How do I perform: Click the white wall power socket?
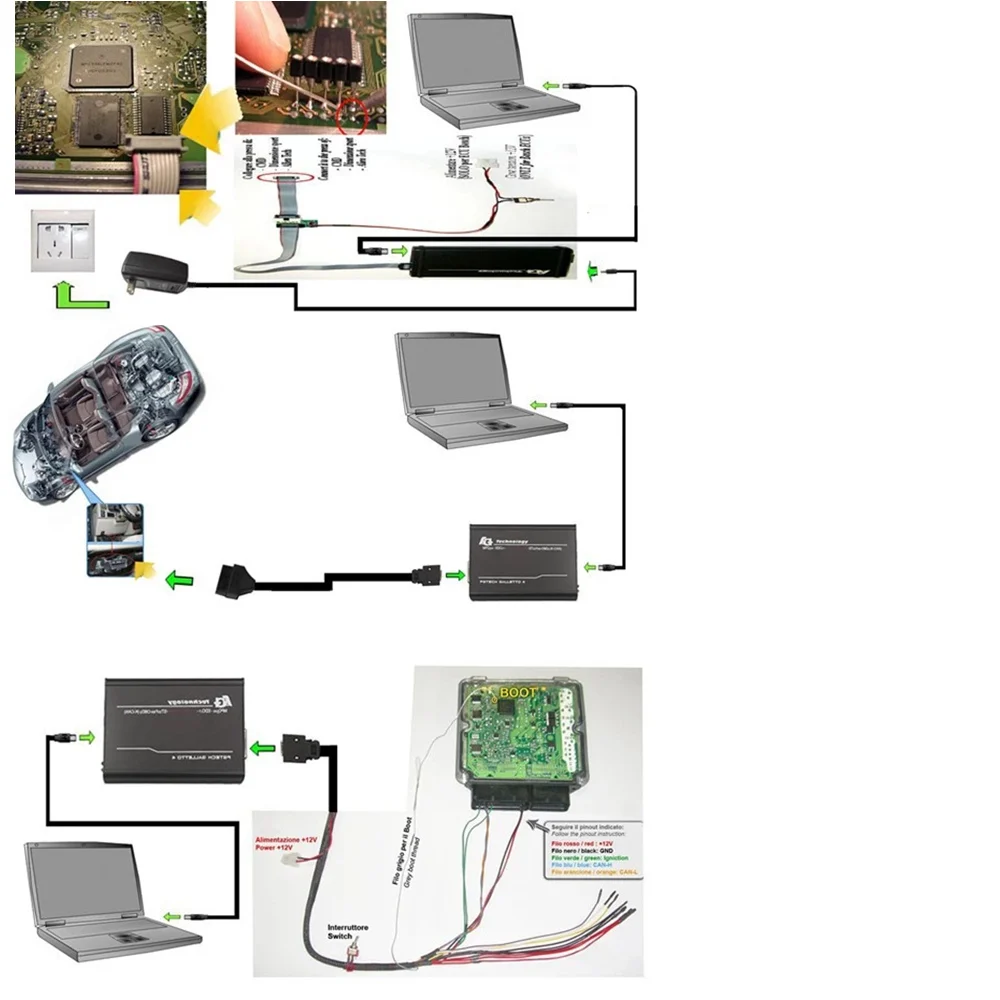62,240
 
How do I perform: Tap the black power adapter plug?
153,272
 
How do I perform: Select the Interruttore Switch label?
348,933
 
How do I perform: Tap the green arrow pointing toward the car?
178,579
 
